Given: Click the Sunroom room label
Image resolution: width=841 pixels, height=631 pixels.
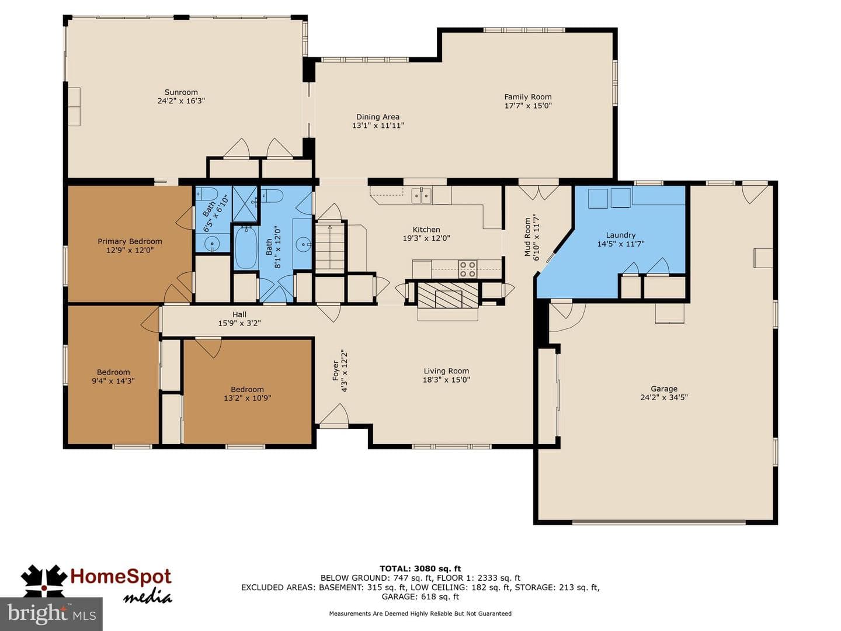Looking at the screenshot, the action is pos(181,92).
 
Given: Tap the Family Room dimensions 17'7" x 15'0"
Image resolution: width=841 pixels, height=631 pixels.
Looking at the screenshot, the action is pos(528,106).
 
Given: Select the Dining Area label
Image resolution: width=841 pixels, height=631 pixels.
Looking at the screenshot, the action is pos(378,117).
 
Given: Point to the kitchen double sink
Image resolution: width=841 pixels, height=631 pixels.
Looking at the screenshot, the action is pos(422,196).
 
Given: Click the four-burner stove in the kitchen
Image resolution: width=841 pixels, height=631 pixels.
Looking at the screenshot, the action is pos(468,269).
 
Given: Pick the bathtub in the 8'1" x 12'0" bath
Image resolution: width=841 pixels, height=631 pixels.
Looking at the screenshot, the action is pos(246,248).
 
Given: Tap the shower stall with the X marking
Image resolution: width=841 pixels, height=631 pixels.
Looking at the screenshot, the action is pos(245,204).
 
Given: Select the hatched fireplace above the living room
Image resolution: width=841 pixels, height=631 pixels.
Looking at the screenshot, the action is pos(448,295).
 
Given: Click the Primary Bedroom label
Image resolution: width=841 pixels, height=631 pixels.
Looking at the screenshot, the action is pos(130,241).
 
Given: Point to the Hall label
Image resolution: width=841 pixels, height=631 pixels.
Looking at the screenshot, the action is pos(239,314).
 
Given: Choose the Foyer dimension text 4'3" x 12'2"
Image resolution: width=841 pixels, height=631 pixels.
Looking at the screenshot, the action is pos(344,370).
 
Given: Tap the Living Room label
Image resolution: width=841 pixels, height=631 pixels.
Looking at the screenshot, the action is pos(446,371).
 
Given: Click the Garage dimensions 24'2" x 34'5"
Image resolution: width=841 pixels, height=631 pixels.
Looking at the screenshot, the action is pos(664,397).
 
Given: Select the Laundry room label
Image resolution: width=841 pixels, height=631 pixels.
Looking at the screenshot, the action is pos(621,235).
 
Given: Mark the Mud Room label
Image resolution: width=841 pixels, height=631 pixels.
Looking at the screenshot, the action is pos(527,237).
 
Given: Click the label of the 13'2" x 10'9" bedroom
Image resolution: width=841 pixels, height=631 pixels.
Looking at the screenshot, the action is pos(247,389).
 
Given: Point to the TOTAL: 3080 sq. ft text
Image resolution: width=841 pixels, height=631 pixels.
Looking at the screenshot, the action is pos(420,568).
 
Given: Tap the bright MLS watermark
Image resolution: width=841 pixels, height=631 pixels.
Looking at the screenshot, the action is pos(51,614).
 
